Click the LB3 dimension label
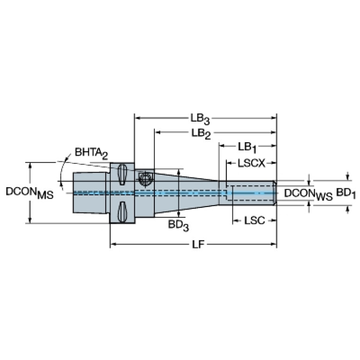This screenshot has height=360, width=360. point(200,119)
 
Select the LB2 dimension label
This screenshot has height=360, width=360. point(201,134)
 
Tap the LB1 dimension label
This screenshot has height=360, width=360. point(247,148)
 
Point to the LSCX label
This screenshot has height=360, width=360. point(252,163)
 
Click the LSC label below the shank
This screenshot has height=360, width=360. point(254,221)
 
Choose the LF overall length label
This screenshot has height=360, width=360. point(198,245)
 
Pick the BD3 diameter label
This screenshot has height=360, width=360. point(178,225)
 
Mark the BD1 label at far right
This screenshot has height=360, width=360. point(346,193)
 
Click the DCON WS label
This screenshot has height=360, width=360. point(308,195)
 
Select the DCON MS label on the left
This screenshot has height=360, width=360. point(30,193)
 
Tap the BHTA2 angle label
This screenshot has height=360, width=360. point(92,153)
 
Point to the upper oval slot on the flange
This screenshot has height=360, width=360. point(122,174)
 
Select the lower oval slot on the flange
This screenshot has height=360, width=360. point(122,212)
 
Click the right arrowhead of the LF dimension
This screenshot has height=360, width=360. point(274,244)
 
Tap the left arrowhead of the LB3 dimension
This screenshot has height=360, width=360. point(138,118)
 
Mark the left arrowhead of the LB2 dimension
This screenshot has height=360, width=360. point(158,132)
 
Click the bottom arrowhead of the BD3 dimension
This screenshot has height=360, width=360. point(179,214)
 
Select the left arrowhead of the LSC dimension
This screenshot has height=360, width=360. point(236,221)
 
